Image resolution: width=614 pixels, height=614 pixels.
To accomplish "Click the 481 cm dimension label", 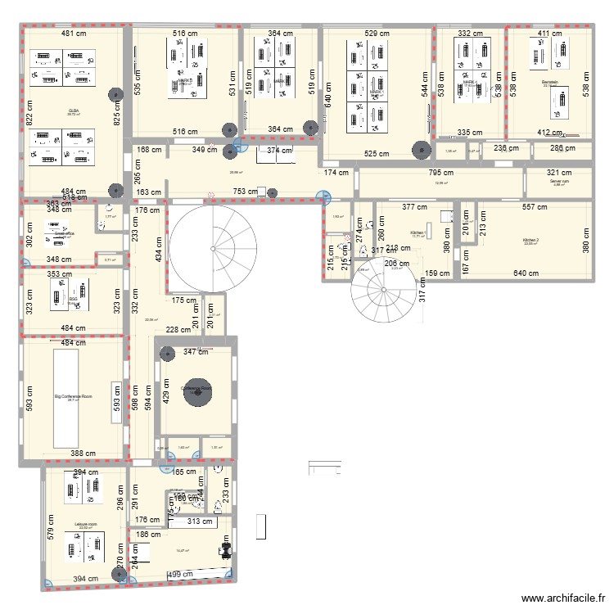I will pyautogui.click(x=73, y=34).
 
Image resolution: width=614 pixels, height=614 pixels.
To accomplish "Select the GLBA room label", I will pyautogui.click(x=74, y=110).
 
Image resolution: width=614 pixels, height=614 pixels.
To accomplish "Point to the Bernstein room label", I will pyautogui.click(x=549, y=83).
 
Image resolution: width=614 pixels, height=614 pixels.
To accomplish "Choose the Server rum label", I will pyautogui.click(x=560, y=182).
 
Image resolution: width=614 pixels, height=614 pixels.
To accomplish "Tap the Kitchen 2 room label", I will pyautogui.click(x=531, y=241).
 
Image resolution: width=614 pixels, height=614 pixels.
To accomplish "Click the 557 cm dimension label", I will pyautogui.click(x=537, y=208).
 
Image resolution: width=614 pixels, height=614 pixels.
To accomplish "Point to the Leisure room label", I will pyautogui.click(x=85, y=523).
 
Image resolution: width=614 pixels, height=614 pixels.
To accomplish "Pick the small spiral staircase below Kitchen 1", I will pyautogui.click(x=381, y=293).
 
